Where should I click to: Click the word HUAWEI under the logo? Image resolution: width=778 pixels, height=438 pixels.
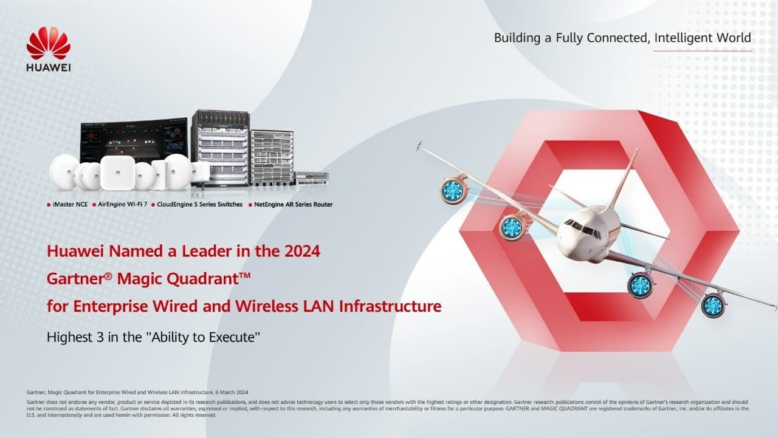(49, 67)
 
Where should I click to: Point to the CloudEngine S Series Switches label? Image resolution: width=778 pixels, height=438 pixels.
(199, 205)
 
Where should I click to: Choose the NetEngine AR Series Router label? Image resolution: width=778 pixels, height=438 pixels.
(293, 205)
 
